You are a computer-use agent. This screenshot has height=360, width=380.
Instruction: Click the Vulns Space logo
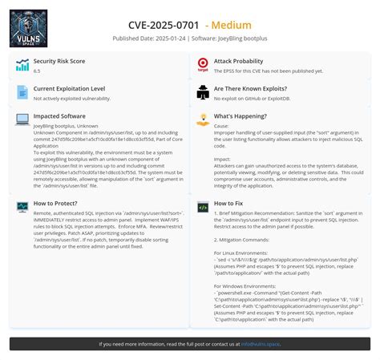pos(28,28)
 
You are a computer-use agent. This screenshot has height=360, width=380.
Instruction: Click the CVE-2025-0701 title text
pos(164,25)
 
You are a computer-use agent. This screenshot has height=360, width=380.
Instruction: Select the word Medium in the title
pos(232,25)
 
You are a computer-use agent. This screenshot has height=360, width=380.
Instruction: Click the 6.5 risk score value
pos(37,71)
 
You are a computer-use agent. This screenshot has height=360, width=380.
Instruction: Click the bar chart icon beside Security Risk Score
pos(22,65)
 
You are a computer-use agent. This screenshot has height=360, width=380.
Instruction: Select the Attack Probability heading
pos(238,61)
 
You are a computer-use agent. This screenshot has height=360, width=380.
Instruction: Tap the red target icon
pos(203,65)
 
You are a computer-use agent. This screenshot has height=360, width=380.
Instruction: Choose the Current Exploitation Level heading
pos(69,88)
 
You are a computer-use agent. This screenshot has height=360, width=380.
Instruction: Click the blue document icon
pos(22,92)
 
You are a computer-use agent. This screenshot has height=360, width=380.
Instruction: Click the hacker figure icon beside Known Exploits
pos(203,92)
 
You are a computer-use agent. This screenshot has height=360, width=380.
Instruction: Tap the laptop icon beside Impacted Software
pos(22,119)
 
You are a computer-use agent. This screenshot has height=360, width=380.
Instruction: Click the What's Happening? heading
pos(241,115)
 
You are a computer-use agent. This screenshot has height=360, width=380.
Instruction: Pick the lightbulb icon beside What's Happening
pos(203,119)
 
